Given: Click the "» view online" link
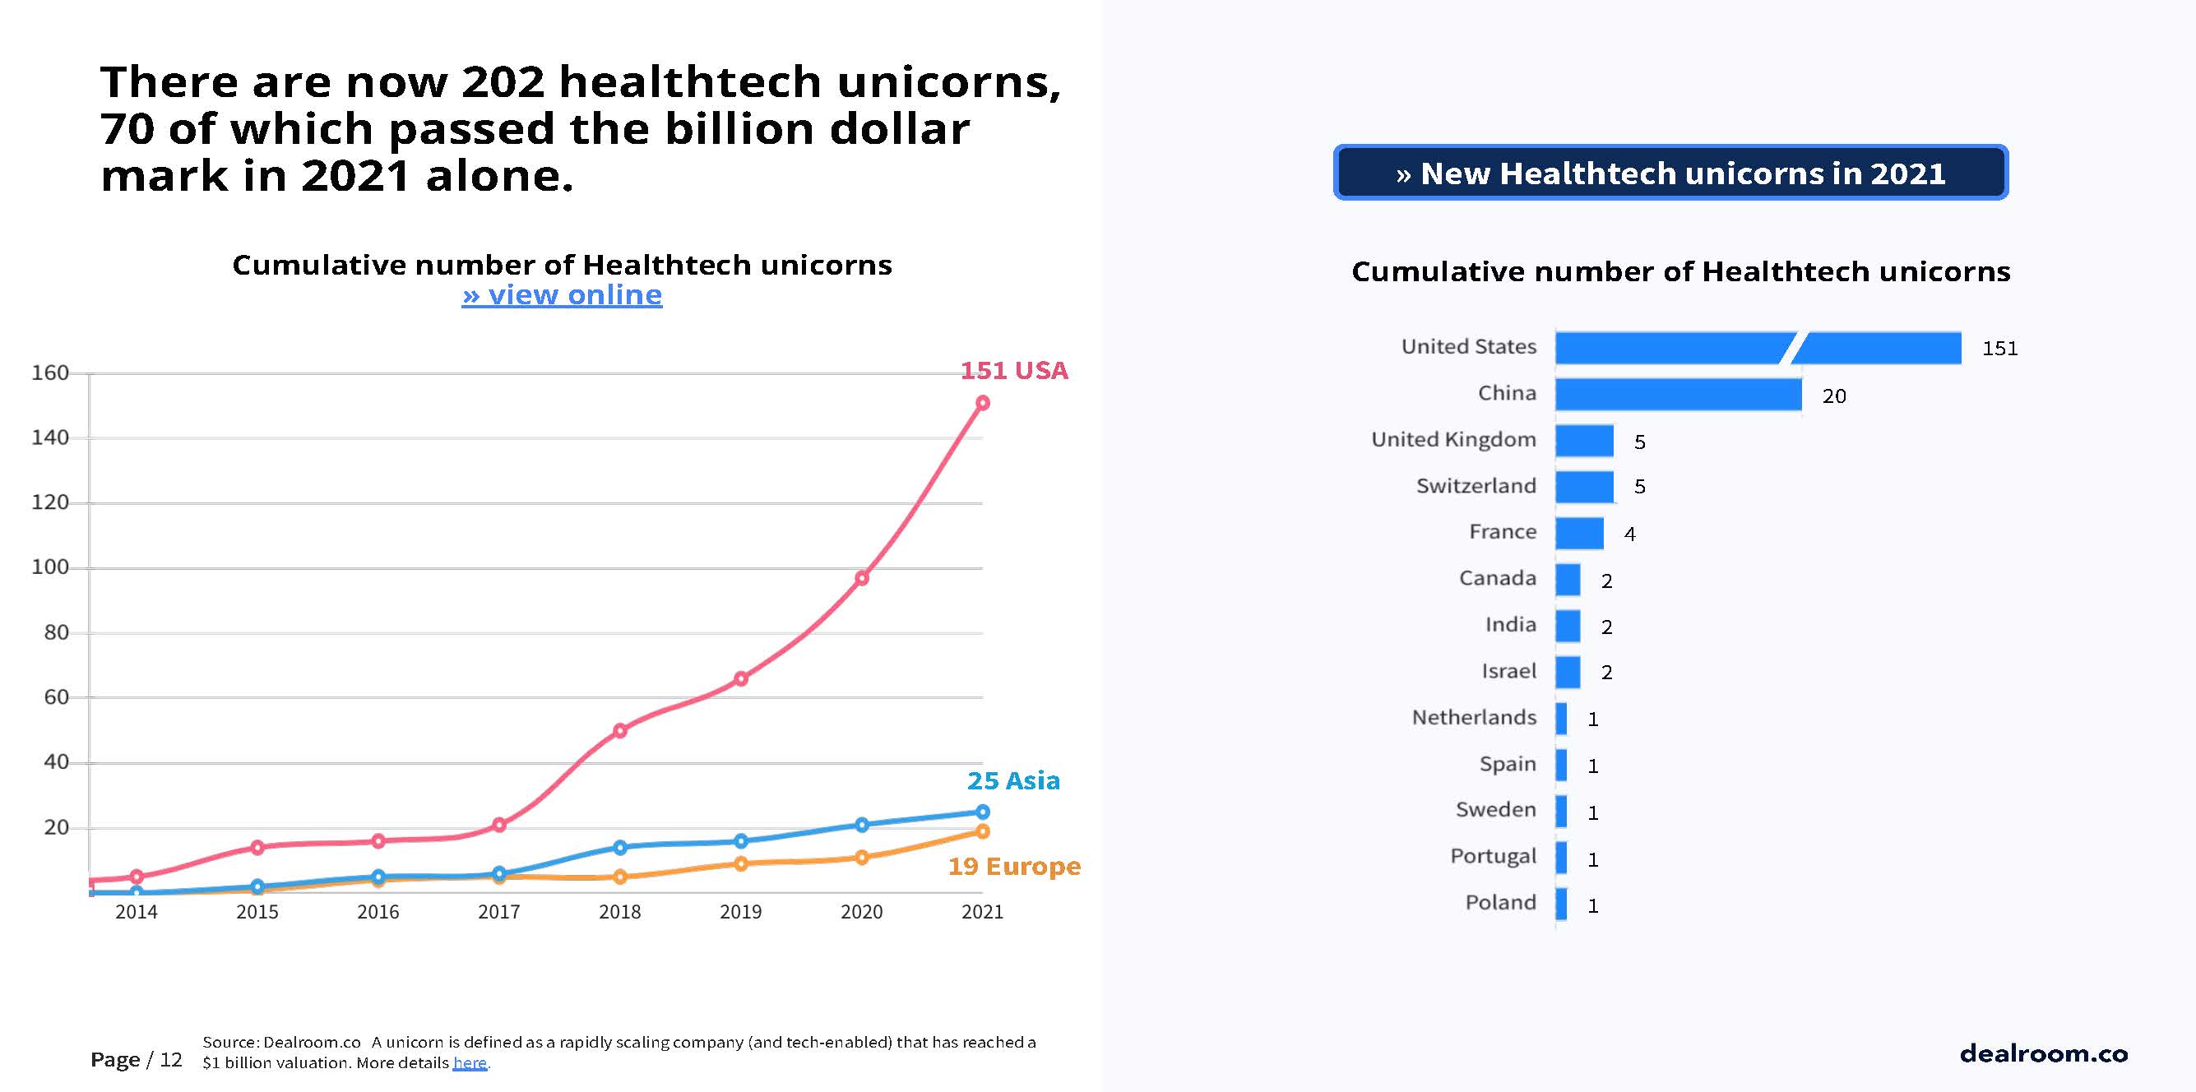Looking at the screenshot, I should (x=562, y=295).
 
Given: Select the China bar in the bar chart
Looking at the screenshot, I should (x=1678, y=395).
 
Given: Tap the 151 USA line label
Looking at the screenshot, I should (x=1013, y=371).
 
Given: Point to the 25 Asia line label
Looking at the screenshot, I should (x=1013, y=781).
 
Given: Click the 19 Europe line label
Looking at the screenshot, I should (x=1013, y=867).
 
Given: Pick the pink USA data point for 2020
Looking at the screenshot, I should (x=862, y=578).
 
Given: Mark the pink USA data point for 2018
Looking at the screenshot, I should (x=620, y=730).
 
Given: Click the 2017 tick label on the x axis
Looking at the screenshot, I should (x=498, y=912).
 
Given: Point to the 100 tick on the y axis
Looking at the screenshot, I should (x=50, y=567).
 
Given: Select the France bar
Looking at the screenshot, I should (x=1579, y=534).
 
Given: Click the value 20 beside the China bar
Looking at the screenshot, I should (x=1833, y=396).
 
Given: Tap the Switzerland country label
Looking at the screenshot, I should (x=1476, y=486).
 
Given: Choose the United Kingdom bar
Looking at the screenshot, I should (x=1584, y=441).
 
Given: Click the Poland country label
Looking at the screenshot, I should (x=1500, y=903).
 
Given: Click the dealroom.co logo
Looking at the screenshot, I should (x=2043, y=1053).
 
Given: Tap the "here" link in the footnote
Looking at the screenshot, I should (x=470, y=1063).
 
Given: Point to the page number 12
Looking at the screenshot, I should (x=170, y=1060).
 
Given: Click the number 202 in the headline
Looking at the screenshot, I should (x=503, y=82).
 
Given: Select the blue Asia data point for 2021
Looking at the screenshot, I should (x=982, y=812).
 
